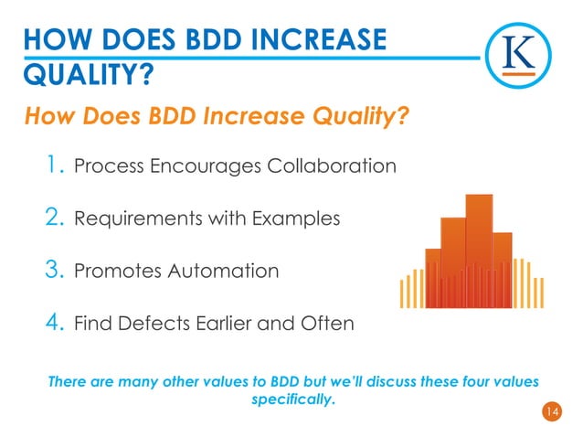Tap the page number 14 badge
coord(551,413)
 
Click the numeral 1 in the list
coord(54,165)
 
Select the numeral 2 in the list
coord(53,218)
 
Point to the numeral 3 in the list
coord(53,271)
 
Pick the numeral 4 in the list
coord(53,323)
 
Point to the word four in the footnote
coord(465,381)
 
